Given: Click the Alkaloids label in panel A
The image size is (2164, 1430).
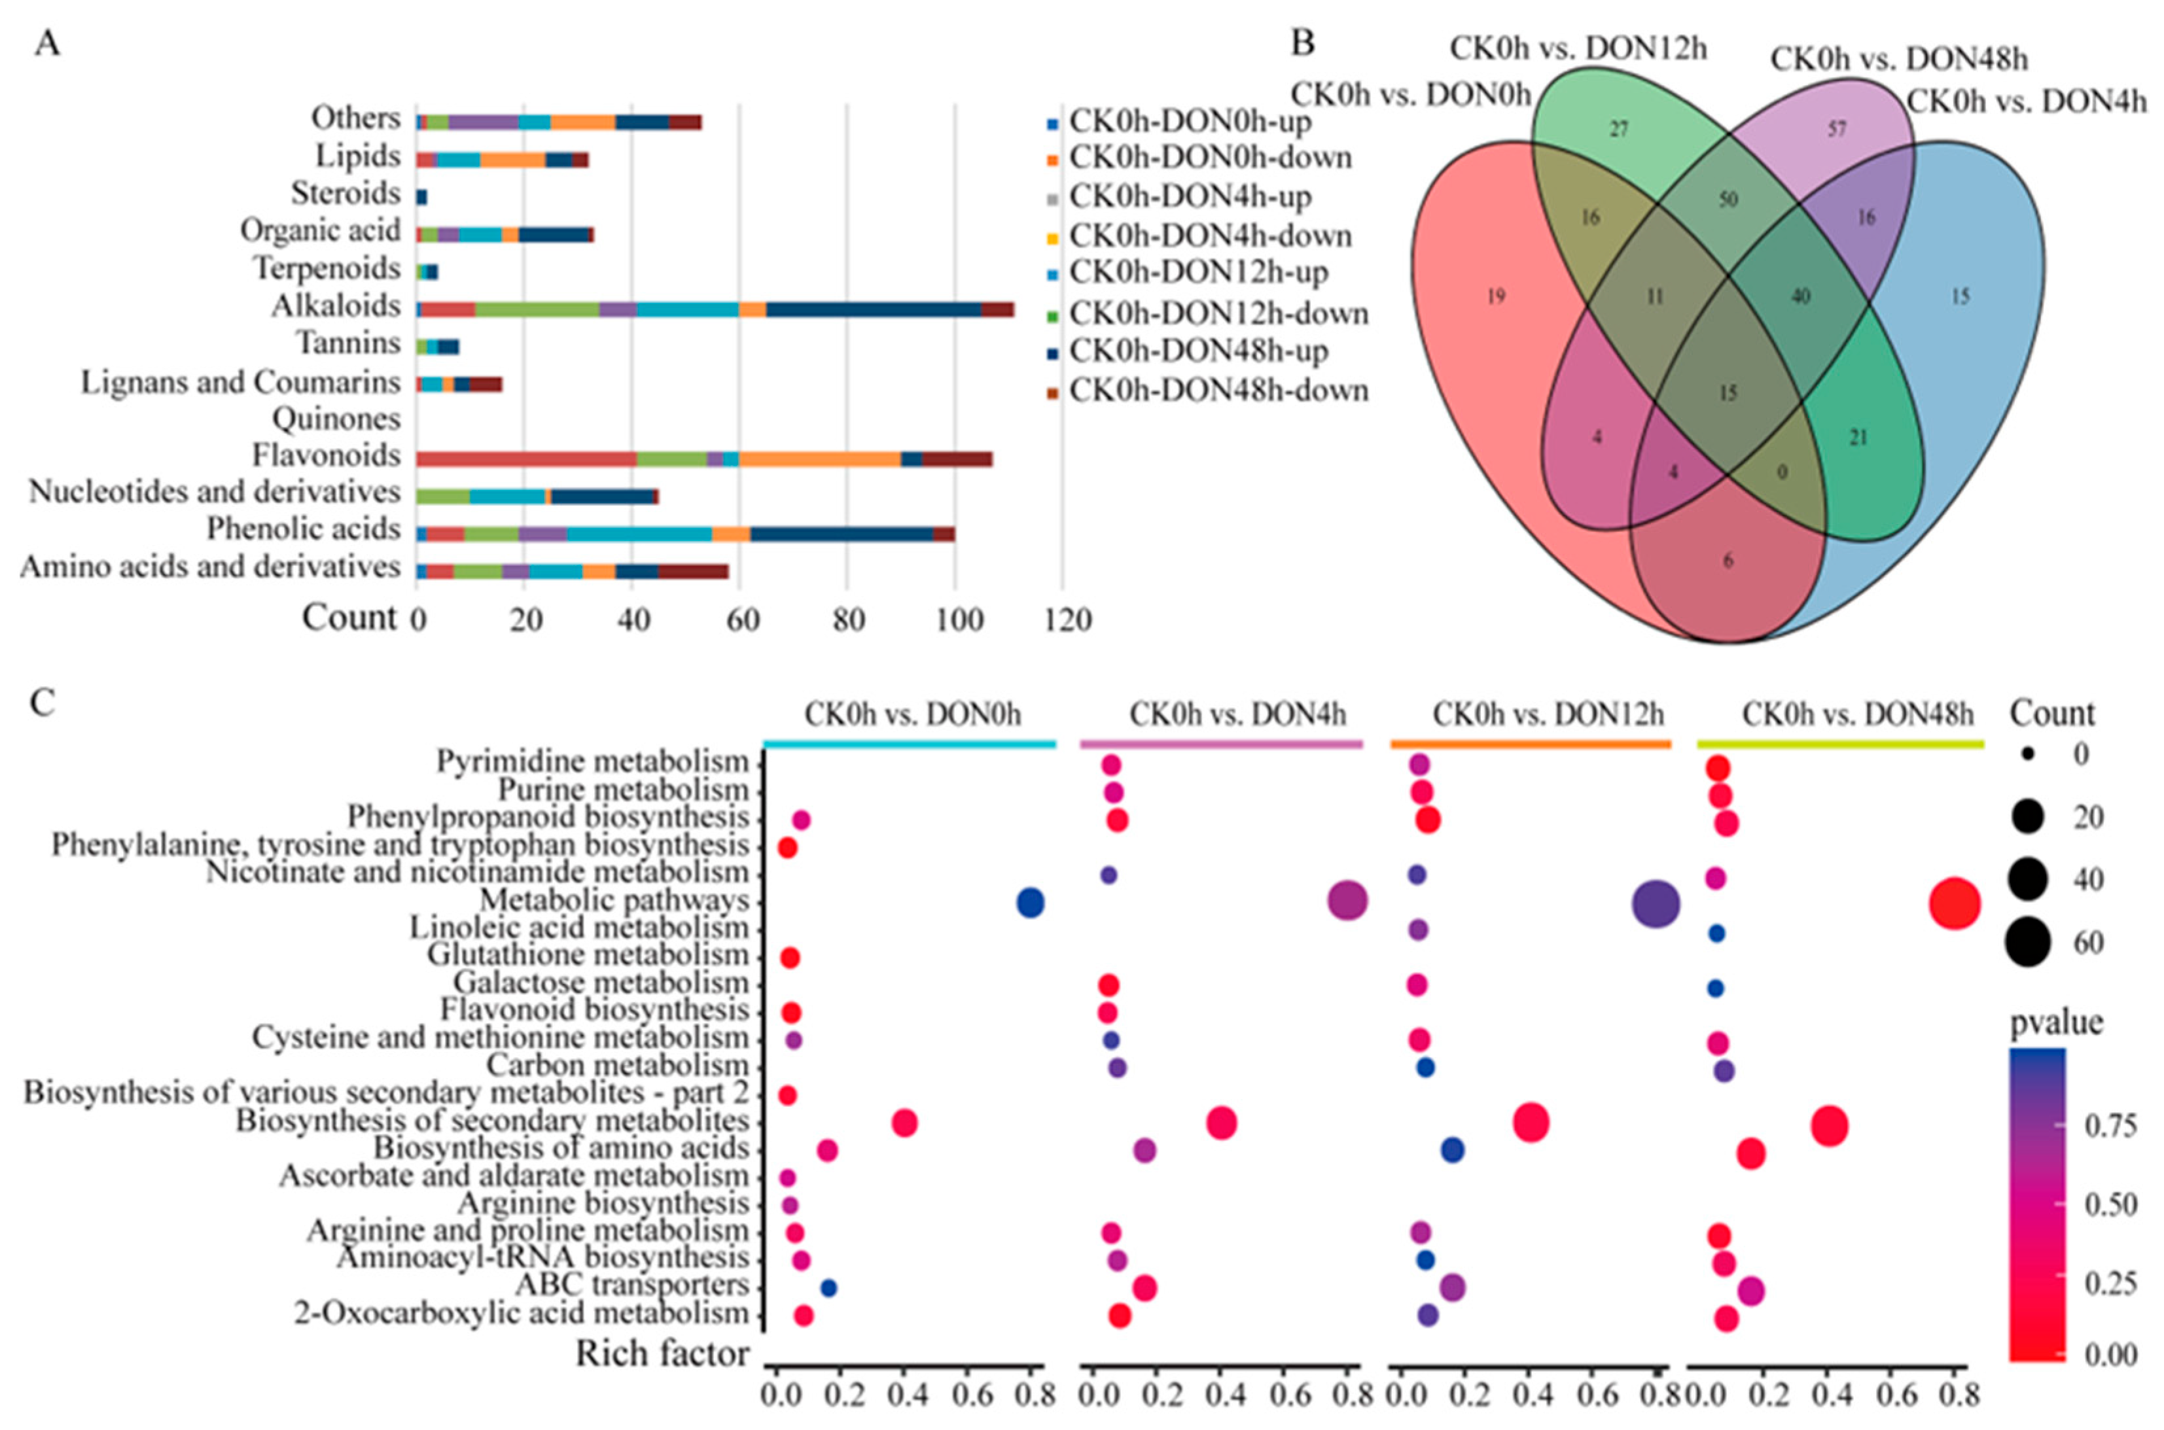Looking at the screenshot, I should (335, 305).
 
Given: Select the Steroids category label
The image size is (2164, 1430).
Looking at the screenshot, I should (345, 194).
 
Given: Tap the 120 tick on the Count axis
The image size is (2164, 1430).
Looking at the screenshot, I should (1067, 620).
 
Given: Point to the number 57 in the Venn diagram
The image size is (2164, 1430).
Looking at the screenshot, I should (1836, 130).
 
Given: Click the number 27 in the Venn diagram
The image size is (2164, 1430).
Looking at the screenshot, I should (1618, 130).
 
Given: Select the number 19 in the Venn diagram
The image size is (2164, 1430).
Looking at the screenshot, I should (1495, 296).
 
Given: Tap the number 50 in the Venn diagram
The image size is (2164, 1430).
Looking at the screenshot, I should (1727, 200).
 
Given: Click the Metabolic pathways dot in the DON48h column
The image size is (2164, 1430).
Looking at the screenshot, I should (1954, 904).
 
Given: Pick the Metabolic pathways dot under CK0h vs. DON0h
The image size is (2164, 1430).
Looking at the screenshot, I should (1030, 903).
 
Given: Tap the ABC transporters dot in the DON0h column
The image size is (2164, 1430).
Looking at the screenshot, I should (828, 1288).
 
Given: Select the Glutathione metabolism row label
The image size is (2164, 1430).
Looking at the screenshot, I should (588, 955).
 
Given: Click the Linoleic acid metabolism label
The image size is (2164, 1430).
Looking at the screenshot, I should (578, 928).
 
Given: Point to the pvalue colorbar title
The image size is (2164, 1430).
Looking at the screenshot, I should (2056, 1022).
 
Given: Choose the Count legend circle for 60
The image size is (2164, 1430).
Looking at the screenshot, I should (2027, 942).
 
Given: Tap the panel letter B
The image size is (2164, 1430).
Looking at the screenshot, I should (1304, 44).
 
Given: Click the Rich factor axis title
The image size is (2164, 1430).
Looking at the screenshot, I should (662, 1353).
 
